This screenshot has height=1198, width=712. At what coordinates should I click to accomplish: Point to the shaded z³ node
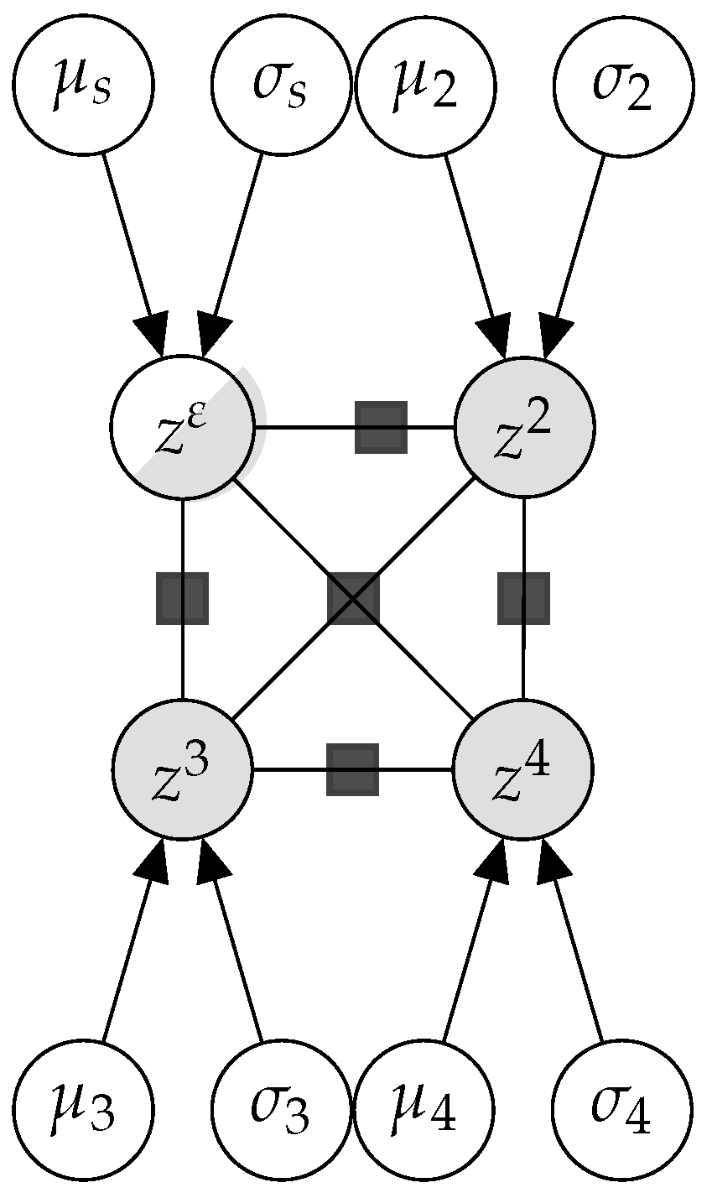point(183,768)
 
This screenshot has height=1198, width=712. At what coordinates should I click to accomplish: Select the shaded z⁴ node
point(524,768)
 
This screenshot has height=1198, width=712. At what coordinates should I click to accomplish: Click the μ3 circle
point(83,1111)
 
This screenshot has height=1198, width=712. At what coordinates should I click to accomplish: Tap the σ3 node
point(281,1111)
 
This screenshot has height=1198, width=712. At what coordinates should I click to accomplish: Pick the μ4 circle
point(425,1111)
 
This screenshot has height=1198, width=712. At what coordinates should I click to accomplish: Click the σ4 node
point(623,1111)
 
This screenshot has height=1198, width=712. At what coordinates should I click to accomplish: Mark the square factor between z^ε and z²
point(381,427)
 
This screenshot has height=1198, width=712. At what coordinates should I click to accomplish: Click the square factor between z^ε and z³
point(182,598)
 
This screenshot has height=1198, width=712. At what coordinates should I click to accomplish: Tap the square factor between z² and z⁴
point(523,598)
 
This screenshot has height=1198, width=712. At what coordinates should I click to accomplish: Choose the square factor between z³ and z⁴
point(352,769)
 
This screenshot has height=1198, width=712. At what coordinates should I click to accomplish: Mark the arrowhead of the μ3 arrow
point(158,862)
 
